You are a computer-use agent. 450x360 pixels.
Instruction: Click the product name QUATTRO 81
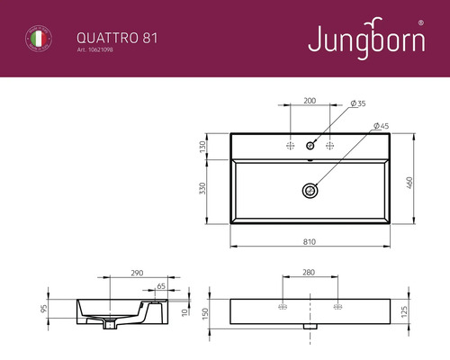[106, 37]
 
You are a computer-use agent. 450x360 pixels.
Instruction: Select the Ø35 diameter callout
[358, 104]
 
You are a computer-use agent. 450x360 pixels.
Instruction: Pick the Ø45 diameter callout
[380, 127]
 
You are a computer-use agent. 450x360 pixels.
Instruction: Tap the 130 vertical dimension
[203, 145]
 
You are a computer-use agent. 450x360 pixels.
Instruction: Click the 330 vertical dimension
[203, 188]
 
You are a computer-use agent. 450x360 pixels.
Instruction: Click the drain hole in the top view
[310, 190]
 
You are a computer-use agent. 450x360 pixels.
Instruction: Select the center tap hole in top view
[310, 144]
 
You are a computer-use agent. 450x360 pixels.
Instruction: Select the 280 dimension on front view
[309, 271]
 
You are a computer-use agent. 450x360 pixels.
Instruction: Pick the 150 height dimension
[203, 313]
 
